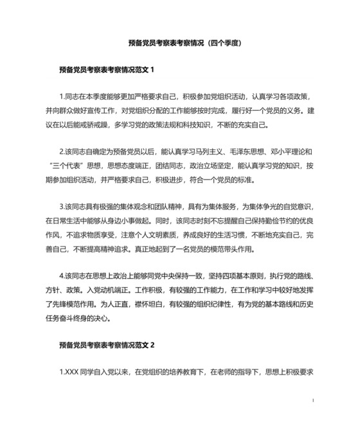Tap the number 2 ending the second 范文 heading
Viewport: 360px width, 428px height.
[x=152, y=344]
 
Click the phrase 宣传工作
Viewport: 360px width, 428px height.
[x=107, y=112]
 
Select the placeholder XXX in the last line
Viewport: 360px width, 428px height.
[x=72, y=372]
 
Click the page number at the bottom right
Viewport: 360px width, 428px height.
[x=312, y=400]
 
